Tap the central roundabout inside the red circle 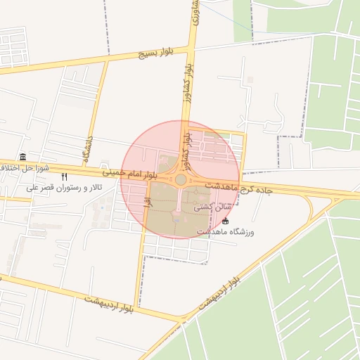coord(181,180)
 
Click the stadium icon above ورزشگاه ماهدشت coord(225,221)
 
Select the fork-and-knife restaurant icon coord(65,177)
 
